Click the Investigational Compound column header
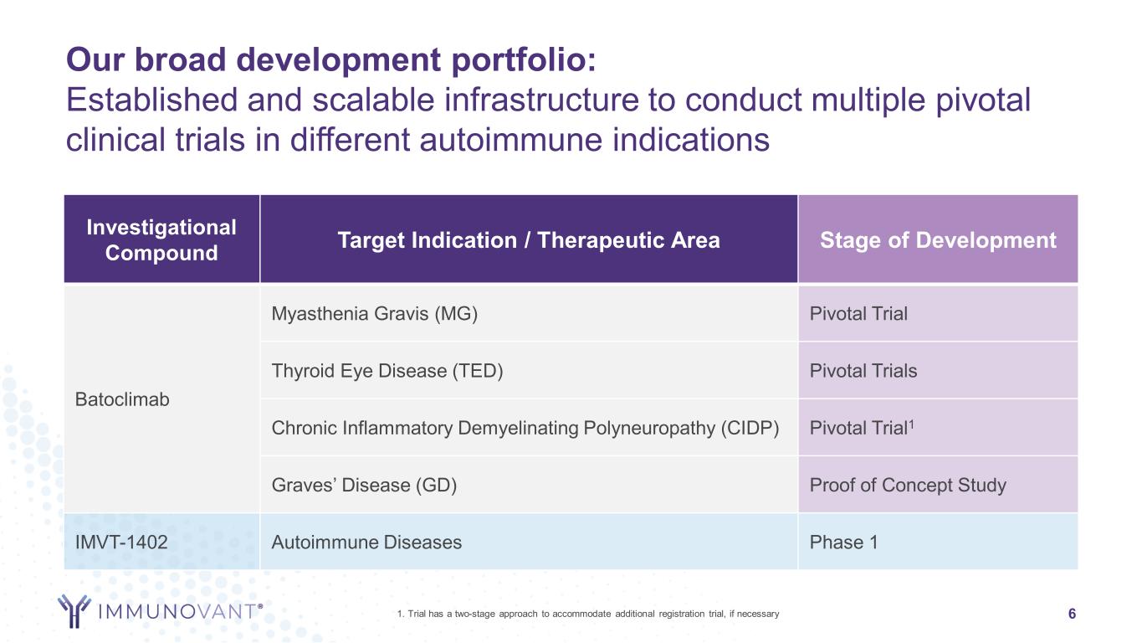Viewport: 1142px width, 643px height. (x=161, y=239)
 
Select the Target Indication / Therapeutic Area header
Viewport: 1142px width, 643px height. (x=529, y=239)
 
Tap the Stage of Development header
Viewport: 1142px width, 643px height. (x=938, y=239)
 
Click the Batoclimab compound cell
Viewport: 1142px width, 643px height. (x=161, y=399)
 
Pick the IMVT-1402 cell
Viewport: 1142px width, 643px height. (x=161, y=542)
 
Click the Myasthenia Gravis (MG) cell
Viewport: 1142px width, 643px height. (x=529, y=313)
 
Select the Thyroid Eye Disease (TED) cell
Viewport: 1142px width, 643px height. (x=529, y=371)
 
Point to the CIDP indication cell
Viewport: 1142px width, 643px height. (x=529, y=428)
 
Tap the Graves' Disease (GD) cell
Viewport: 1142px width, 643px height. (x=529, y=485)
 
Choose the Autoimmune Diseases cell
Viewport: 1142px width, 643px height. (x=529, y=542)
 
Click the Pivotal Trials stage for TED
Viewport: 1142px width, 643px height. (x=938, y=371)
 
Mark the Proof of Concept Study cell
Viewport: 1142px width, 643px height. (x=938, y=485)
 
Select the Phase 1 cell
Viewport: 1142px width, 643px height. (x=938, y=542)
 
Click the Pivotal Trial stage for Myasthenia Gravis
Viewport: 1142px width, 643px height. (x=938, y=313)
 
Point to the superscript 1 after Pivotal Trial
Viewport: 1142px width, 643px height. (x=911, y=424)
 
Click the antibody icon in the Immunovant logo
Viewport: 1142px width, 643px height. (x=74, y=610)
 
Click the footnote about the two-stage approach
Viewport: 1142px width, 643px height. (x=588, y=614)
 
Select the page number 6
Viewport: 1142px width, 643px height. (x=1072, y=614)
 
